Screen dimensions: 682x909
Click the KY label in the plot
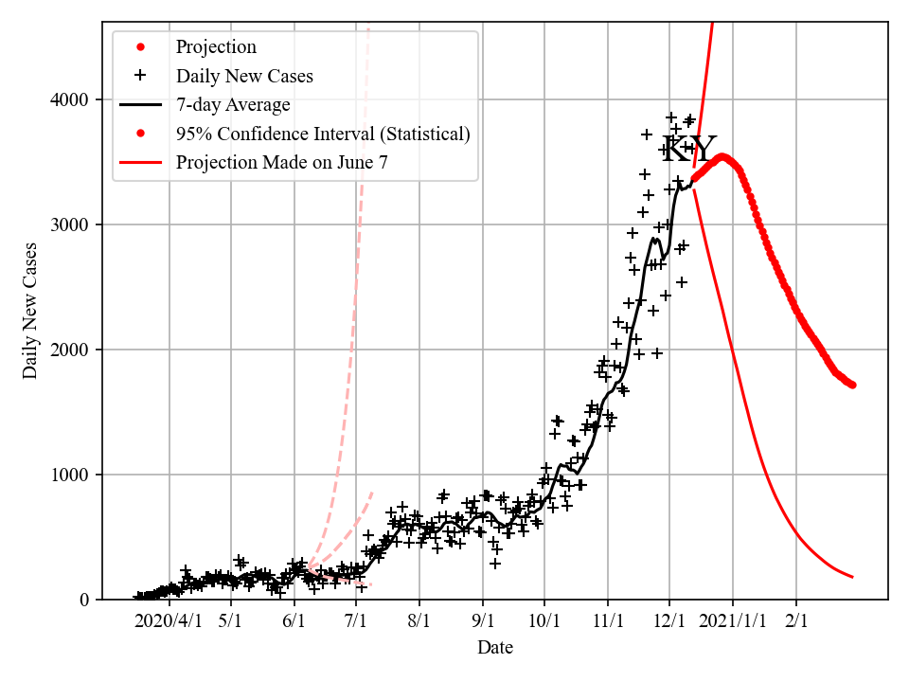pyautogui.click(x=688, y=149)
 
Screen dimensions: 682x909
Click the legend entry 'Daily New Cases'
pyautogui.click(x=244, y=76)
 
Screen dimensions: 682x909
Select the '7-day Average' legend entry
pyautogui.click(x=233, y=104)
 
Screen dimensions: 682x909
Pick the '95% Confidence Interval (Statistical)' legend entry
pyautogui.click(x=323, y=134)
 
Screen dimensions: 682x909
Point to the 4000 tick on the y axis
pyautogui.click(x=71, y=99)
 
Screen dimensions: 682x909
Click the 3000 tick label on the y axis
pyautogui.click(x=71, y=224)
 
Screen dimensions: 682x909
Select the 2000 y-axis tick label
pyautogui.click(x=71, y=350)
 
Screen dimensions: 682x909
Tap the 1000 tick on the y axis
pyautogui.click(x=71, y=475)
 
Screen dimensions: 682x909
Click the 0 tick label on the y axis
pyautogui.click(x=83, y=600)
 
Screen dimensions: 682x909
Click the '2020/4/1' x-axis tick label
pyautogui.click(x=168, y=621)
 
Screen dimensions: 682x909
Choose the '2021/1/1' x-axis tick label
pyautogui.click(x=732, y=621)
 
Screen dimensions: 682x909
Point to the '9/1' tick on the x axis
pyautogui.click(x=482, y=621)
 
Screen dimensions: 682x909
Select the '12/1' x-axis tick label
pyautogui.click(x=669, y=621)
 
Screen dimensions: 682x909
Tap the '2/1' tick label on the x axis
pyautogui.click(x=795, y=621)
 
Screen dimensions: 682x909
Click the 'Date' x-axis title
pyautogui.click(x=495, y=648)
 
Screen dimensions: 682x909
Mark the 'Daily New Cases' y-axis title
pyautogui.click(x=31, y=311)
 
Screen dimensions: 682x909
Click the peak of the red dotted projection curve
pyautogui.click(x=722, y=157)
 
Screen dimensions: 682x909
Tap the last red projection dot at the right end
pyautogui.click(x=852, y=385)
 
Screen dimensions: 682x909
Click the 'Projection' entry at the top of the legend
pyautogui.click(x=216, y=46)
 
